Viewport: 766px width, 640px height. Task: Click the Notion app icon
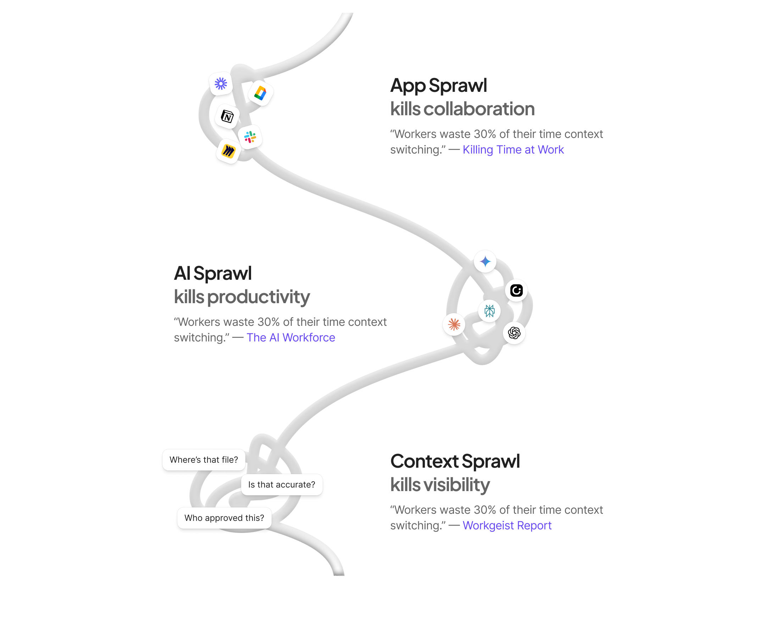click(227, 117)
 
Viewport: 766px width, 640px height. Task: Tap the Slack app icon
click(250, 137)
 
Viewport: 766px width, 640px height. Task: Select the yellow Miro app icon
click(228, 151)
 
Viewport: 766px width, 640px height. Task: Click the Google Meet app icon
click(260, 93)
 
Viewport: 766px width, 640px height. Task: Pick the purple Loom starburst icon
click(221, 84)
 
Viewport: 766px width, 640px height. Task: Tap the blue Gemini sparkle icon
click(485, 261)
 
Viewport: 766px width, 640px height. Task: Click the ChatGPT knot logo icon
click(514, 333)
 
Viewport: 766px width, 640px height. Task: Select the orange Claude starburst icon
click(454, 324)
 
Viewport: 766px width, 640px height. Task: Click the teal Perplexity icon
click(489, 311)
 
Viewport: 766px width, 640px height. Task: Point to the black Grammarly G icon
click(516, 291)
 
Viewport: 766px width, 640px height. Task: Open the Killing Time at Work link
click(513, 150)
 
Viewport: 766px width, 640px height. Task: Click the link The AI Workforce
click(291, 338)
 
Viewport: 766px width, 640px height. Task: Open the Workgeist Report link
click(507, 525)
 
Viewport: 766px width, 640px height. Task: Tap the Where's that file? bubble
click(204, 460)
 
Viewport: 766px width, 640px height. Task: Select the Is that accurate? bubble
click(282, 485)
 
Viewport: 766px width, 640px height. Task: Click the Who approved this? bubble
click(224, 518)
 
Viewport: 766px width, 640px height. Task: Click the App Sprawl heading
click(438, 86)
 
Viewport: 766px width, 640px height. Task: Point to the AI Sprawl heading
click(213, 273)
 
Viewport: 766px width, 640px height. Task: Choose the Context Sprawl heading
click(455, 462)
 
